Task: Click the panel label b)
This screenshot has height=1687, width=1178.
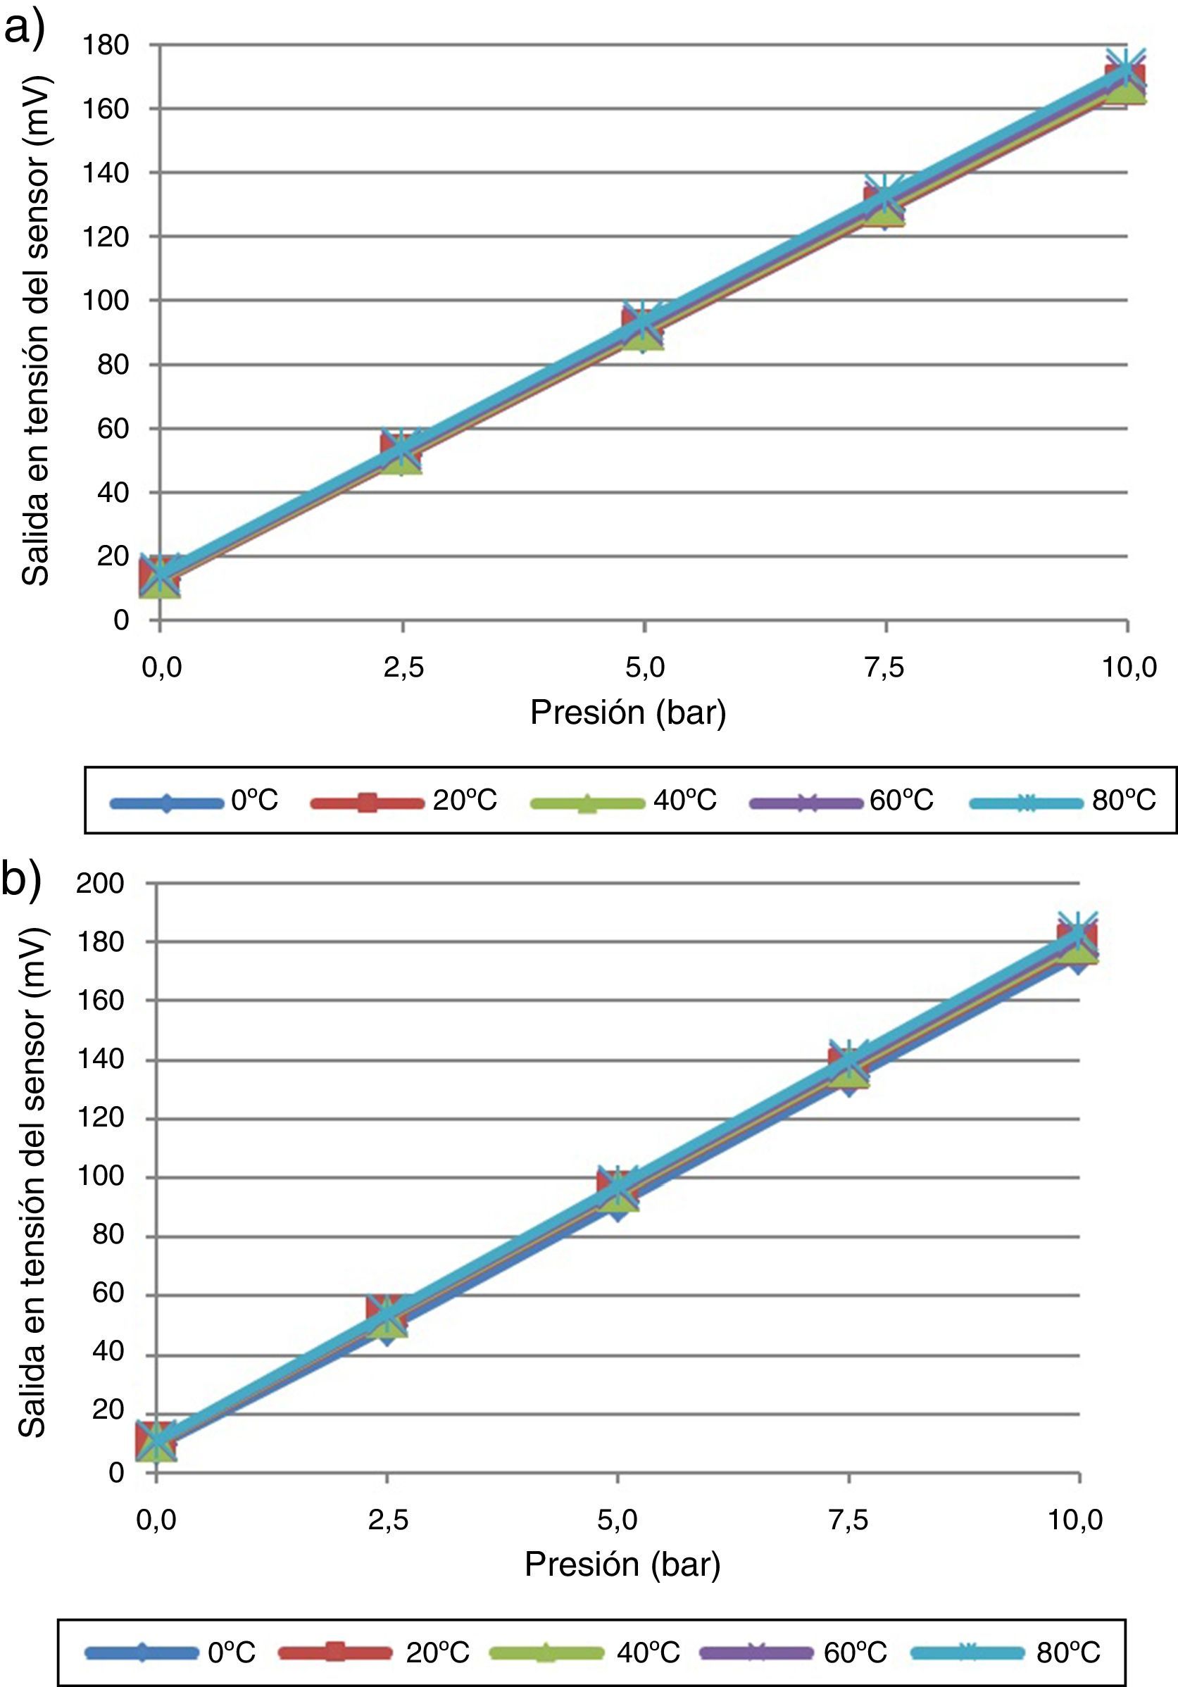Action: point(22,879)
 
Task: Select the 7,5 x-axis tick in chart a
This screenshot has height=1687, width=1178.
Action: point(885,667)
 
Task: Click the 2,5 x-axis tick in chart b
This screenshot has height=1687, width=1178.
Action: point(388,1519)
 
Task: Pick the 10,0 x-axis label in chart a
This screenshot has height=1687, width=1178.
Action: point(1129,667)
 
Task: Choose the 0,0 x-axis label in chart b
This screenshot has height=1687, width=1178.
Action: point(156,1519)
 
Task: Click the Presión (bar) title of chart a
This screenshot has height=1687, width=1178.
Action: point(628,713)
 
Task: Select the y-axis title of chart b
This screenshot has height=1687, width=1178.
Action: point(32,1183)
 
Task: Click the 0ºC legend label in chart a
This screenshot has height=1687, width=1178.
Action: point(254,799)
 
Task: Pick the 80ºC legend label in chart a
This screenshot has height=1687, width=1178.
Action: point(1124,799)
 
